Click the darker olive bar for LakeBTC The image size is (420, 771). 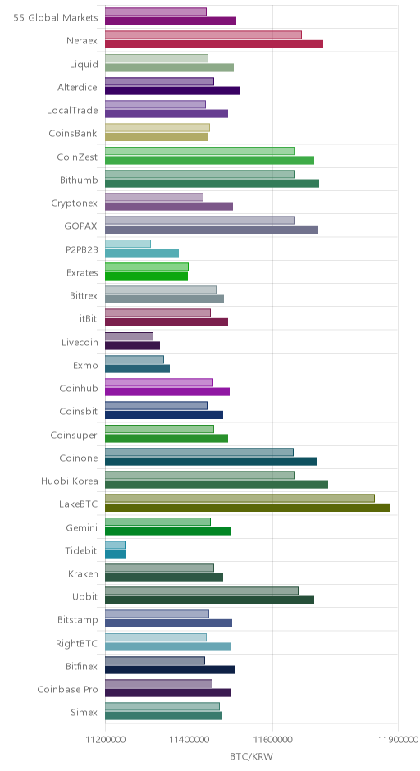pos(248,508)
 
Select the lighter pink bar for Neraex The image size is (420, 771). pos(203,35)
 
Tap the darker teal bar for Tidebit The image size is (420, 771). pos(115,554)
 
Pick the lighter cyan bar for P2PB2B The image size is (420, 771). pos(128,244)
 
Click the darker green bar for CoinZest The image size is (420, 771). pos(209,160)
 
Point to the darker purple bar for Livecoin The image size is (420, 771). pos(132,345)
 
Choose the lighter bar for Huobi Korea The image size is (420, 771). pos(200,475)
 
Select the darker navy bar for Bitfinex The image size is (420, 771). pos(170,670)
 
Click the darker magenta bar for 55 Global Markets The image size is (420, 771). pos(171,21)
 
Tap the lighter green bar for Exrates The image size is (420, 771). pos(147,267)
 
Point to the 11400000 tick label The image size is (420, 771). pos(189,740)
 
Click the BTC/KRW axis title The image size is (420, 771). pos(251,756)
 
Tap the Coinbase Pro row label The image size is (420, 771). pos(67,689)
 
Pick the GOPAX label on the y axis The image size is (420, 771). pos(80,226)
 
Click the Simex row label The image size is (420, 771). pos(84,713)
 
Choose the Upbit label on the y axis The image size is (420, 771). pos(85,597)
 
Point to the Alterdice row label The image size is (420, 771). pos(77,88)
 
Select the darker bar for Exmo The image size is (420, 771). pos(137,368)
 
